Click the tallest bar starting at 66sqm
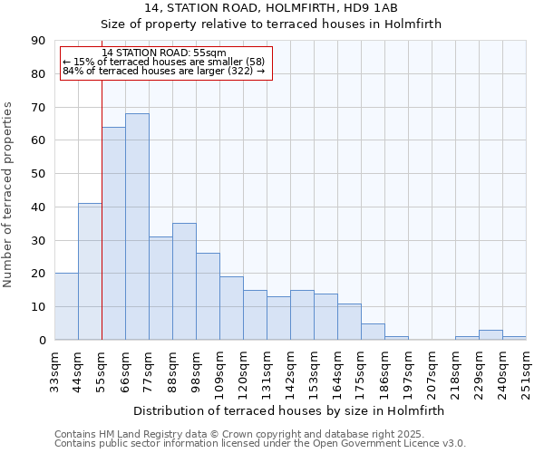pyautogui.click(x=137, y=226)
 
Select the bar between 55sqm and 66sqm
pyautogui.click(x=113, y=234)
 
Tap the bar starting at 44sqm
pyautogui.click(x=90, y=272)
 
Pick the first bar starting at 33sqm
pyautogui.click(x=66, y=306)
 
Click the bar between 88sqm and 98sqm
pyautogui.click(x=184, y=281)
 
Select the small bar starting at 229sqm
pyautogui.click(x=491, y=335)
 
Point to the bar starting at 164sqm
pyautogui.click(x=349, y=322)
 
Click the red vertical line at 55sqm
pyautogui.click(x=102, y=181)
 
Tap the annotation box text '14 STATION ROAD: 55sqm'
pyautogui.click(x=164, y=53)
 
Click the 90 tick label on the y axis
pyautogui.click(x=37, y=41)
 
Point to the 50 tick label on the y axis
pyautogui.click(x=37, y=174)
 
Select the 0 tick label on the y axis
pyautogui.click(x=41, y=341)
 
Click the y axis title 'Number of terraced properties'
pyautogui.click(x=8, y=194)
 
